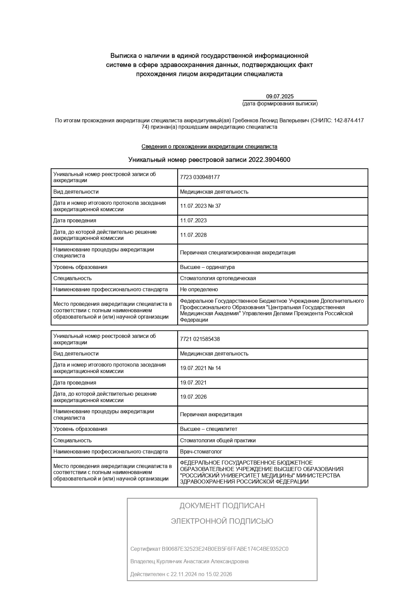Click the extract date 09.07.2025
click(280, 96)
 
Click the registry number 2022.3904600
click(269, 160)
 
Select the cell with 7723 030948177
click(200, 177)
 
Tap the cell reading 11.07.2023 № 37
click(200, 206)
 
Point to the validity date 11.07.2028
click(193, 235)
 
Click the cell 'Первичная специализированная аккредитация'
click(238, 253)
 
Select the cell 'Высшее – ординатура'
click(207, 267)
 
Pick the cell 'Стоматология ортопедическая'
click(218, 278)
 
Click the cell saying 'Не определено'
click(199, 290)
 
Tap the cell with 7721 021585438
click(200, 339)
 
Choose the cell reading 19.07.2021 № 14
click(200, 368)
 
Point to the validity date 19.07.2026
click(193, 397)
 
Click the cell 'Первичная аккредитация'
click(211, 415)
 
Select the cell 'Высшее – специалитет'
click(208, 429)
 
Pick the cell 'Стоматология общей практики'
click(218, 441)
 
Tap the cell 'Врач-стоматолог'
click(201, 452)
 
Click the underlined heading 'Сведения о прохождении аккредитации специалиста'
click(209, 147)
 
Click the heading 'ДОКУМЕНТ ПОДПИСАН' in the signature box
click(222, 506)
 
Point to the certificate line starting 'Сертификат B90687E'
click(209, 549)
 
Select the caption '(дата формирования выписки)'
click(280, 104)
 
